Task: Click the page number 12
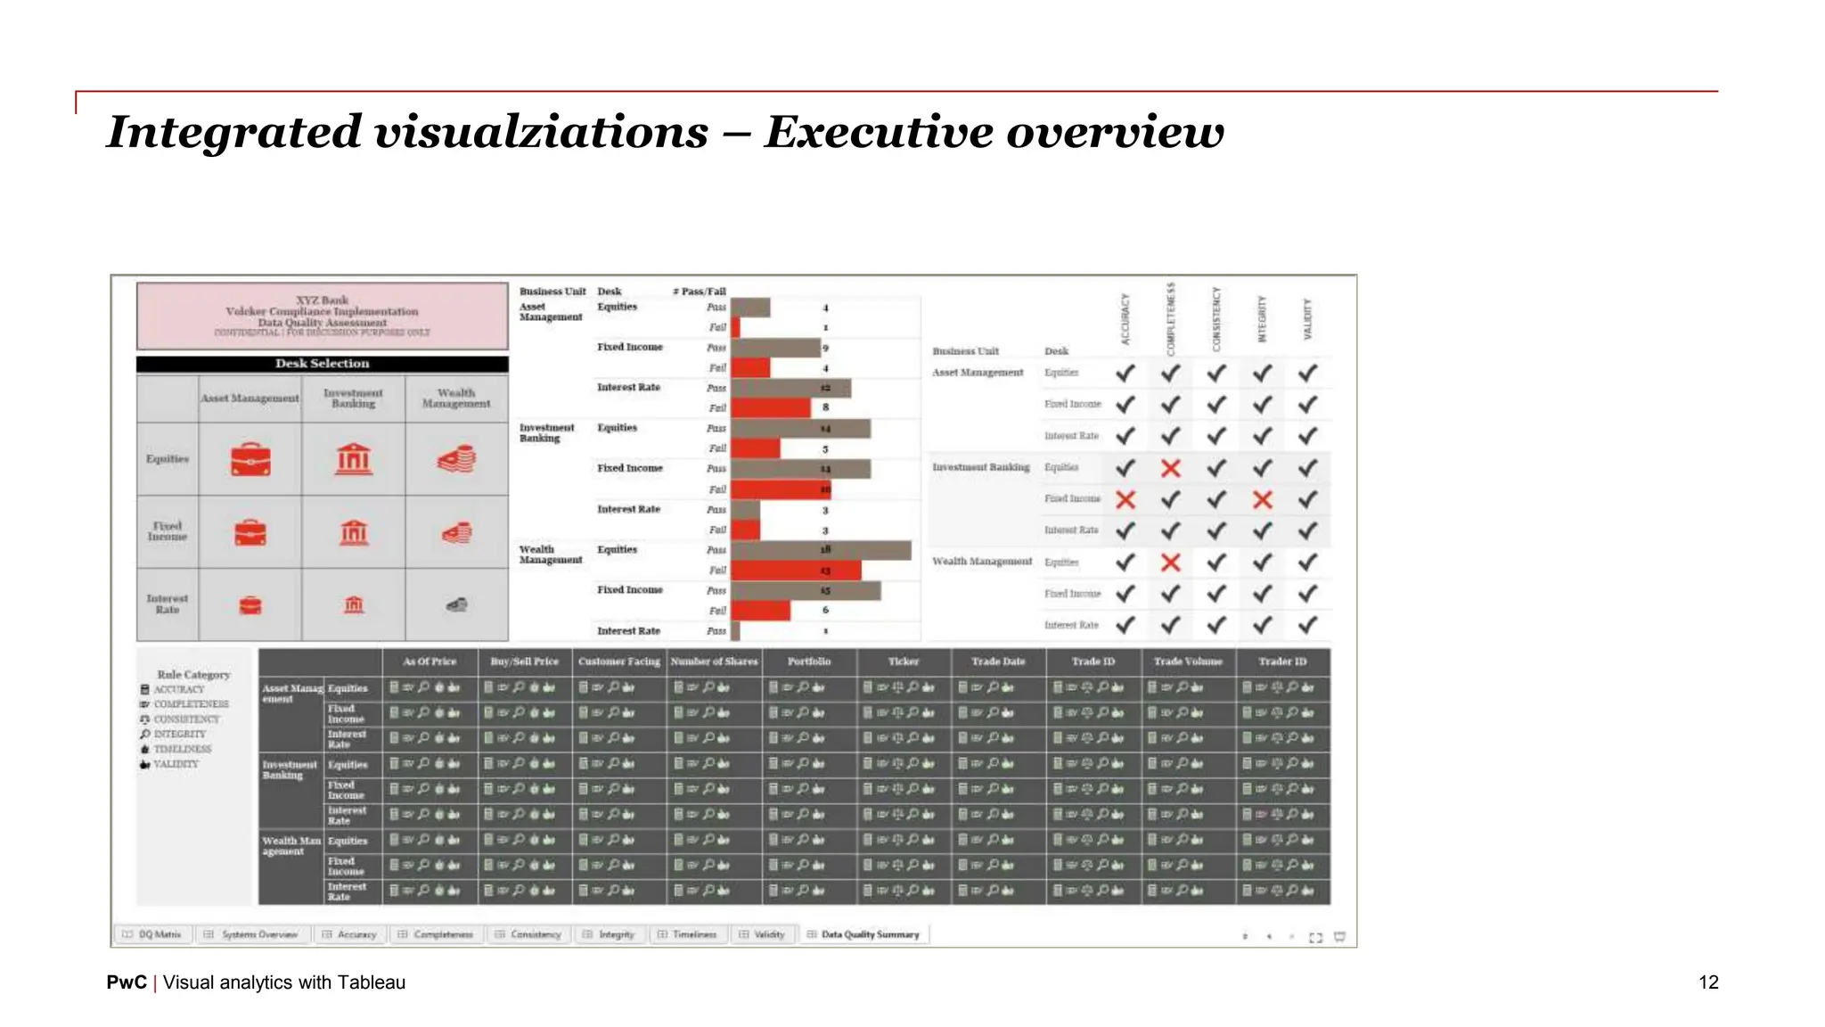tap(1707, 982)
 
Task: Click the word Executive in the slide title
tap(879, 132)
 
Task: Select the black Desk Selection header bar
tap(322, 364)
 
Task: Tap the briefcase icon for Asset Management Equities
tap(250, 459)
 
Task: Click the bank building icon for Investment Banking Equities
tap(354, 459)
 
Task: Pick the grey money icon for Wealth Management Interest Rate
tap(457, 605)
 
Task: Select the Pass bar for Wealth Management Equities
tap(821, 550)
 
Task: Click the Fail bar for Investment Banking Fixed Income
tap(781, 489)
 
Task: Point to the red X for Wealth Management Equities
tap(1171, 563)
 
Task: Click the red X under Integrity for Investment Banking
tap(1262, 499)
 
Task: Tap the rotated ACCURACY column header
tap(1125, 319)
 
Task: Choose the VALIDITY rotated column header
tap(1307, 319)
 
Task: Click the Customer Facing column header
tap(618, 661)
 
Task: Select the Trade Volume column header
tap(1188, 661)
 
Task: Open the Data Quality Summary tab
tap(869, 934)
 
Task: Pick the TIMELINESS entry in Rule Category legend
tap(182, 749)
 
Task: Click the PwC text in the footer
tap(127, 982)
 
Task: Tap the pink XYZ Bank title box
tap(322, 316)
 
